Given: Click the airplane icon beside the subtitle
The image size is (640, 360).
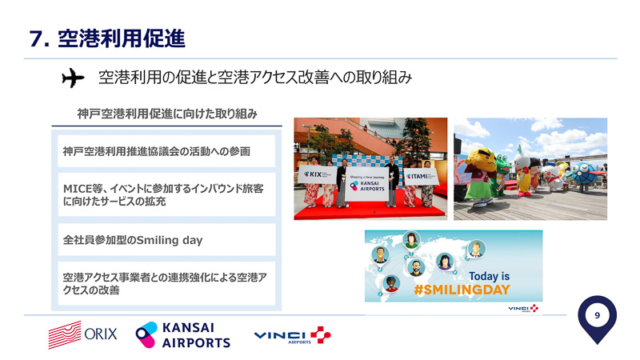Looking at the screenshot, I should tap(72, 78).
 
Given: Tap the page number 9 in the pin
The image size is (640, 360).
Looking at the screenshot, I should tap(597, 316).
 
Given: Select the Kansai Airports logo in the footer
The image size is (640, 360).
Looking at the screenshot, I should tap(183, 334).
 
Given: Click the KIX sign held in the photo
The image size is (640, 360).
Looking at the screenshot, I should tap(313, 174).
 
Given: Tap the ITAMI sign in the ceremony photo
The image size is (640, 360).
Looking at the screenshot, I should tap(419, 175).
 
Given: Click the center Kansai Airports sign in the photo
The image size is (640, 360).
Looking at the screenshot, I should tap(370, 183).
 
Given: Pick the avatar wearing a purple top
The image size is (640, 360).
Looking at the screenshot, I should tap(444, 261).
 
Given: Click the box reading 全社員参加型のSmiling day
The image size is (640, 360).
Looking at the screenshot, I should tap(163, 239).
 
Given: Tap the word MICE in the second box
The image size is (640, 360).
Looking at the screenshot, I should tap(78, 188).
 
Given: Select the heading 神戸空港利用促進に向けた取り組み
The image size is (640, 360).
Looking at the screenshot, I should tap(167, 114).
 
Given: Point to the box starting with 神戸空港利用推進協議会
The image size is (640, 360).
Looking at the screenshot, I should tap(163, 150).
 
